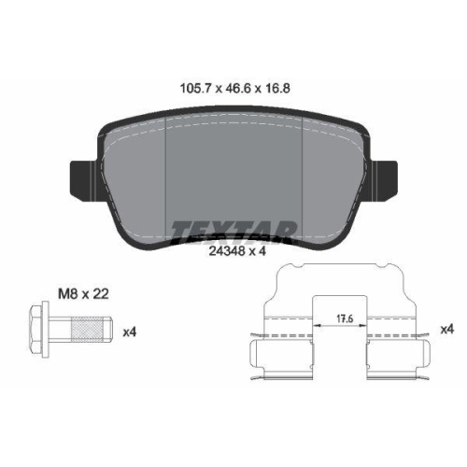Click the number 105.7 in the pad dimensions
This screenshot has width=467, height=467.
[x=196, y=89]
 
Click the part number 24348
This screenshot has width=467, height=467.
[x=227, y=251]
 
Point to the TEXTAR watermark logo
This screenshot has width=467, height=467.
[x=233, y=232]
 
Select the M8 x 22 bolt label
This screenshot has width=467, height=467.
[x=83, y=293]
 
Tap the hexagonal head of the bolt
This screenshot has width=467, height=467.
[x=35, y=329]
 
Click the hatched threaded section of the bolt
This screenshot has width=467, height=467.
[x=87, y=329]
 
